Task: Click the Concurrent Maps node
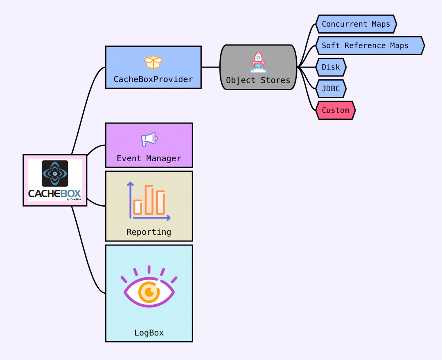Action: click(356, 24)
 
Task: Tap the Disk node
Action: click(331, 67)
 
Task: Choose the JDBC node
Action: click(331, 89)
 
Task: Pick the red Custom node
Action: click(335, 110)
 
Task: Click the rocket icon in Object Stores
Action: click(258, 62)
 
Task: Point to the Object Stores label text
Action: click(258, 80)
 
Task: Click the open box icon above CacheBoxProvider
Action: click(153, 62)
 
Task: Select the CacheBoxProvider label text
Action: click(153, 79)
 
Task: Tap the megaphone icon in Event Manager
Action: click(149, 139)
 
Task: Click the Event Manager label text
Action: click(149, 158)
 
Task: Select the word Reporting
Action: click(149, 232)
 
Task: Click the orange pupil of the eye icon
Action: click(149, 292)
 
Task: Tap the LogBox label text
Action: click(149, 333)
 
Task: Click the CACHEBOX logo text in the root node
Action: click(54, 193)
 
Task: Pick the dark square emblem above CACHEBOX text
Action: click(55, 173)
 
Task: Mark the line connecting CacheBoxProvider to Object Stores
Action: click(210, 67)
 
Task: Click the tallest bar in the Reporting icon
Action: click(149, 200)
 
